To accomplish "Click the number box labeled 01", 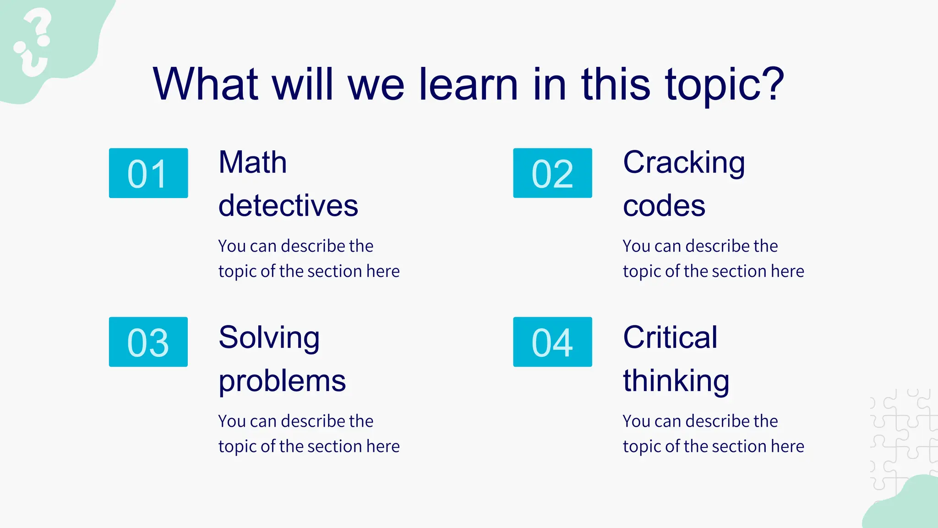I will pyautogui.click(x=148, y=173).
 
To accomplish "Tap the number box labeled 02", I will pyautogui.click(x=552, y=173).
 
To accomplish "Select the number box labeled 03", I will pyautogui.click(x=148, y=342).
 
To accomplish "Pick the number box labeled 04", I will pyautogui.click(x=552, y=342).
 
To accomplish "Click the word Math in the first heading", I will pyautogui.click(x=252, y=163).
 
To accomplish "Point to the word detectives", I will pyautogui.click(x=288, y=206).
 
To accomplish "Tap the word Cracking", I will pyautogui.click(x=684, y=163).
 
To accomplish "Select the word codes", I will pyautogui.click(x=664, y=206).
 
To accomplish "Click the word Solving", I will pyautogui.click(x=269, y=338).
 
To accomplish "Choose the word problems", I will pyautogui.click(x=282, y=382).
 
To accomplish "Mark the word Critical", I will pyautogui.click(x=670, y=338).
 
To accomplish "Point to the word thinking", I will pyautogui.click(x=676, y=381).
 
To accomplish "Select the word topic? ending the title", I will pyautogui.click(x=725, y=85).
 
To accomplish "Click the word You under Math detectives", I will pyautogui.click(x=232, y=246).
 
